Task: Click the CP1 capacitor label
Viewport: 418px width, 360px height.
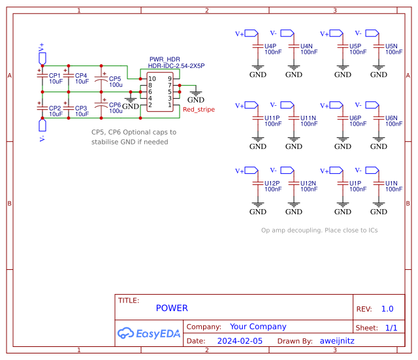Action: (x=55, y=76)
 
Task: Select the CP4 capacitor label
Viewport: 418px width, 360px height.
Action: (x=81, y=76)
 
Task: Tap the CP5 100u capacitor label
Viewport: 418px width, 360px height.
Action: (x=115, y=79)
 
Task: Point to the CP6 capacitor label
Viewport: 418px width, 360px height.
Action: (x=115, y=105)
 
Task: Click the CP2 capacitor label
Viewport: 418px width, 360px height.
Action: (x=55, y=108)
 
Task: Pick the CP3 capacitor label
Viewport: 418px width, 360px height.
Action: (x=81, y=108)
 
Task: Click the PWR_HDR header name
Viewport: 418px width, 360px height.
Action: (x=164, y=59)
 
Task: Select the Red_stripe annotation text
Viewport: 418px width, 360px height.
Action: (x=199, y=110)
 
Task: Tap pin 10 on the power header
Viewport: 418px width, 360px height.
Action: (x=152, y=79)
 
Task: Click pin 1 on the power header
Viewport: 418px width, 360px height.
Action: (x=170, y=105)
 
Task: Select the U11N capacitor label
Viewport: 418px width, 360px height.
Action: (x=308, y=118)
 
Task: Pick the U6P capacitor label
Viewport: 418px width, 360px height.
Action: (x=356, y=118)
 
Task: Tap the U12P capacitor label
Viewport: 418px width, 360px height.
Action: (x=272, y=183)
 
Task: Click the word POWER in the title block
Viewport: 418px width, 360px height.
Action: (x=172, y=308)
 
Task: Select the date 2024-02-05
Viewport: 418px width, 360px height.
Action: (x=240, y=341)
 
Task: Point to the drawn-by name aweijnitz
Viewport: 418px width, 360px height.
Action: (x=337, y=341)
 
